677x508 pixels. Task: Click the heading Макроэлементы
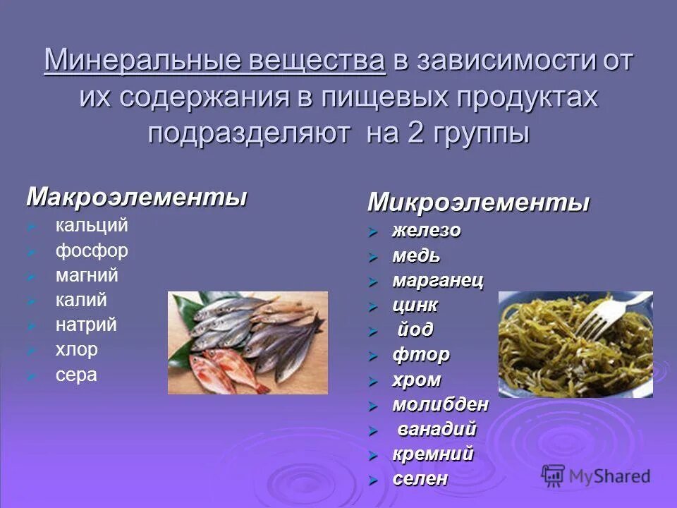(x=137, y=197)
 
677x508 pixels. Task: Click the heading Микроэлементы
(x=478, y=203)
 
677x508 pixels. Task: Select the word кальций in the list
(x=92, y=226)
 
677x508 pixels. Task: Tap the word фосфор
(x=92, y=251)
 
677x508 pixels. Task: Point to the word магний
(x=87, y=275)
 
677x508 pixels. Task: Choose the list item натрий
(x=86, y=325)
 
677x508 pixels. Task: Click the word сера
(x=76, y=375)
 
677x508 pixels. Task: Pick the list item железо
(x=427, y=231)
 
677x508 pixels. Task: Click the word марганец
(x=438, y=280)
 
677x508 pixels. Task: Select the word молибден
(x=441, y=405)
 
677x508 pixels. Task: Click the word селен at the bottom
(x=420, y=478)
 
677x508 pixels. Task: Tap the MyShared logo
(x=595, y=476)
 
